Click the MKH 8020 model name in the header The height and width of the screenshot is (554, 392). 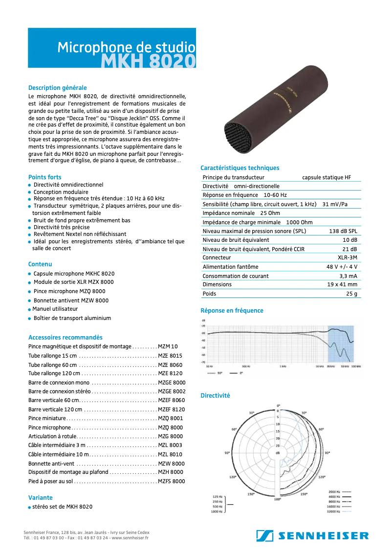click(x=149, y=61)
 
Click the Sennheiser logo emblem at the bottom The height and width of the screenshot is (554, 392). click(x=264, y=535)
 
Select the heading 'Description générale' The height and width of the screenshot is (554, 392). click(x=57, y=88)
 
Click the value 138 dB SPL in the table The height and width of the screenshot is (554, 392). click(x=342, y=231)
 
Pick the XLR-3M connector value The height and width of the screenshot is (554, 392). click(x=347, y=257)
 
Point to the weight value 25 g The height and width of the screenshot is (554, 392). click(x=351, y=294)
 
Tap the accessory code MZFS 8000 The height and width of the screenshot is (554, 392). click(x=171, y=481)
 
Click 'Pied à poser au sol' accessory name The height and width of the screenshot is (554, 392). click(x=50, y=481)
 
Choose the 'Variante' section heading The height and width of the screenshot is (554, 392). click(x=40, y=497)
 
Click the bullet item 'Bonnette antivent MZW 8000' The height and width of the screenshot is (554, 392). click(x=71, y=300)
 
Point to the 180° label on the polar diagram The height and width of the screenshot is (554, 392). click(x=277, y=499)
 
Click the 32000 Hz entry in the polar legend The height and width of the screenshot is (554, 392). click(x=334, y=511)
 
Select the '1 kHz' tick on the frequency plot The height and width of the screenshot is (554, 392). click(x=283, y=366)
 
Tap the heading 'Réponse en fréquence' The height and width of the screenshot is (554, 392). click(x=232, y=311)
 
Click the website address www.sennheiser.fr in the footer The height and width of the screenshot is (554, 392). click(x=130, y=538)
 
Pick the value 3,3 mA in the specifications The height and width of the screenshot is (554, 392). click(x=348, y=276)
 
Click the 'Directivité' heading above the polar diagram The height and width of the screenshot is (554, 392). click(x=215, y=396)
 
